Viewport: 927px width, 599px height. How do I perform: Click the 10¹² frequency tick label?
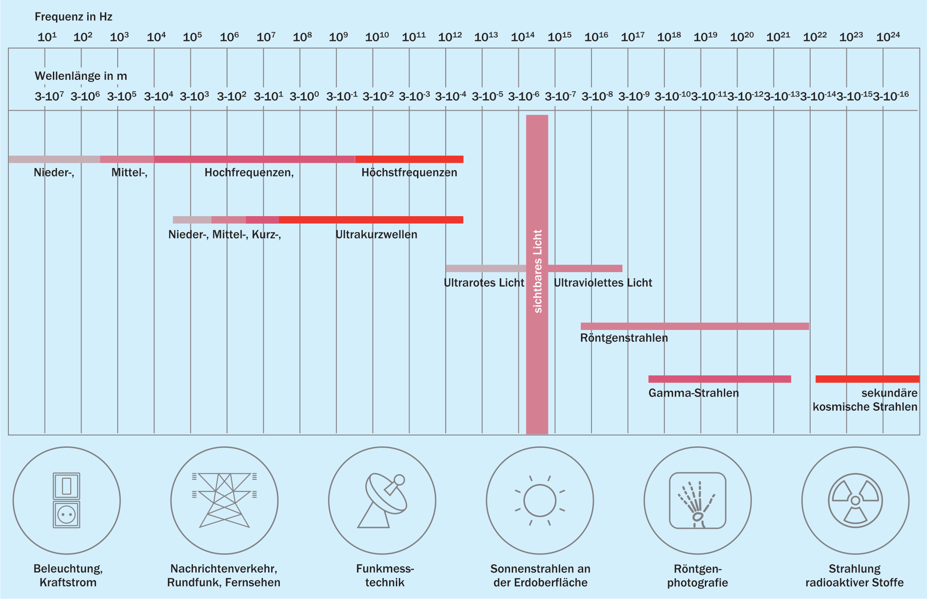click(450, 37)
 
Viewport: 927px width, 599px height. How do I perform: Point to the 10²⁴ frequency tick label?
click(888, 37)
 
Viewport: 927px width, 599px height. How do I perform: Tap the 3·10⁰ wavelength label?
click(304, 96)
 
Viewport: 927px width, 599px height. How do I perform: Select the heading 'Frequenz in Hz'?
click(74, 17)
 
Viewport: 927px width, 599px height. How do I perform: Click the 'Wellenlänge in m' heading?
click(81, 76)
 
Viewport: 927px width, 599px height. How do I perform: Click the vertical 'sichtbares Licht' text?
click(537, 271)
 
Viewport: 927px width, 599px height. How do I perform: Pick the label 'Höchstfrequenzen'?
click(410, 172)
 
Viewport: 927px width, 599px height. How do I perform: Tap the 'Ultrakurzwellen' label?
click(376, 234)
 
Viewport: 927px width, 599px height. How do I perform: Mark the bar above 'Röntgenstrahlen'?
click(695, 326)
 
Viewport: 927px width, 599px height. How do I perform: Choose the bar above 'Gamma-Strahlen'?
click(720, 379)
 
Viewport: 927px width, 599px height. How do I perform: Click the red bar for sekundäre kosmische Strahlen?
click(867, 379)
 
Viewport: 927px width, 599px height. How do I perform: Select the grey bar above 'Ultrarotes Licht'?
click(486, 268)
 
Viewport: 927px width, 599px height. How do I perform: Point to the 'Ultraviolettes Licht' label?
click(603, 283)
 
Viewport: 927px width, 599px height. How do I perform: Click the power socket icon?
click(67, 500)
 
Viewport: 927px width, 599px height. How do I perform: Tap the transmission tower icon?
click(224, 500)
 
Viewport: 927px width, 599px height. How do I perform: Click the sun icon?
click(540, 501)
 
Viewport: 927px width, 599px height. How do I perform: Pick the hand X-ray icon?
click(698, 501)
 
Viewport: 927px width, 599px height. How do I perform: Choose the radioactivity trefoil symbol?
click(856, 501)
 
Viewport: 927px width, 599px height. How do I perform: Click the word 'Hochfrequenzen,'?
click(249, 172)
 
